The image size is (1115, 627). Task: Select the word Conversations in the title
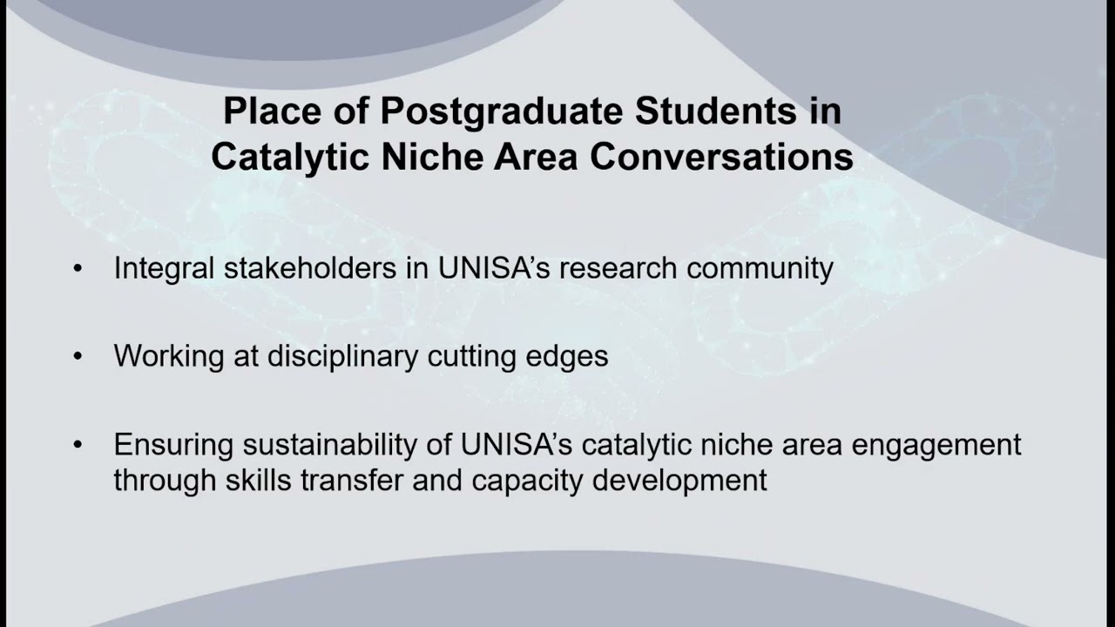(721, 158)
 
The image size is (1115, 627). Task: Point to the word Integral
(164, 268)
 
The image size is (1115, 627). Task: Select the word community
(760, 268)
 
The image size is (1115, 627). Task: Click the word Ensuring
(173, 445)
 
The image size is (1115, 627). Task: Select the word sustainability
(346, 445)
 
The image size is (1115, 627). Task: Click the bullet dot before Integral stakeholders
(78, 269)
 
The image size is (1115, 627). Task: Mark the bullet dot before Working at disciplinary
(78, 357)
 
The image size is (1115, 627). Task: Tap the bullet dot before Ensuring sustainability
(78, 446)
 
